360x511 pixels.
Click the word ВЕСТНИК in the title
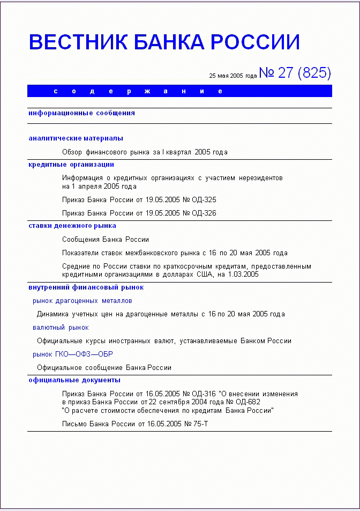click(x=78, y=42)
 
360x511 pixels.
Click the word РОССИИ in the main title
click(x=256, y=42)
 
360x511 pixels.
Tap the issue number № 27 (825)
click(x=295, y=73)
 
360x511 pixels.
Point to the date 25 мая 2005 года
click(x=233, y=76)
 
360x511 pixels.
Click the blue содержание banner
click(x=179, y=91)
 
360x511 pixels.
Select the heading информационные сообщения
click(x=81, y=113)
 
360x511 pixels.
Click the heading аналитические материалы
click(x=76, y=138)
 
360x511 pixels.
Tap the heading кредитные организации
click(x=71, y=165)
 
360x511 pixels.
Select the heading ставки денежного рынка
click(x=72, y=226)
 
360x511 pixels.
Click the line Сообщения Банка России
click(x=106, y=239)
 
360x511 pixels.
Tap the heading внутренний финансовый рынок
click(x=86, y=287)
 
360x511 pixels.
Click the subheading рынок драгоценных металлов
click(x=82, y=301)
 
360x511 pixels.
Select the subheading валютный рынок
click(x=61, y=327)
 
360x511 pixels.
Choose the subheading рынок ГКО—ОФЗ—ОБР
click(x=73, y=354)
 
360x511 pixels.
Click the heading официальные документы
click(x=74, y=380)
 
